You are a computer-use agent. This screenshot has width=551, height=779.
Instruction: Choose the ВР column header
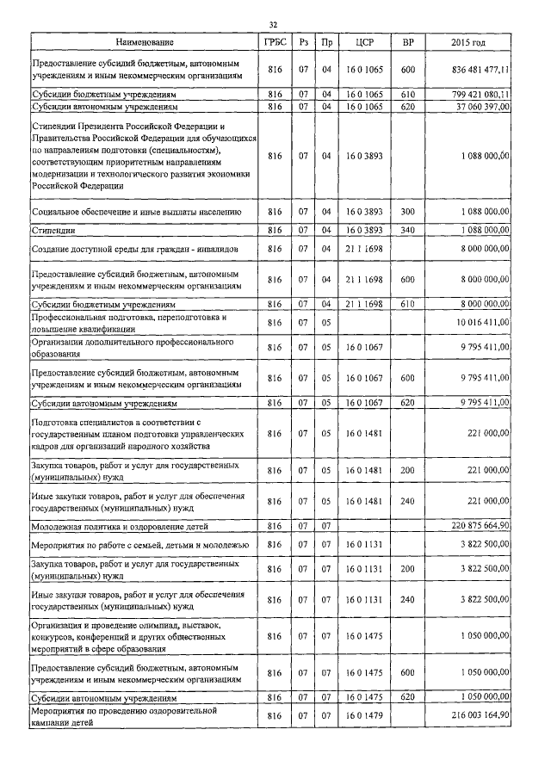408,42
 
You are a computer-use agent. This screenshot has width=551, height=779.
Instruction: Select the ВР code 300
408,211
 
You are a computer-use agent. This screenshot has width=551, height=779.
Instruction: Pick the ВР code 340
408,230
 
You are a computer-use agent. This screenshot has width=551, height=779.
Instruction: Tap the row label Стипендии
53,231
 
